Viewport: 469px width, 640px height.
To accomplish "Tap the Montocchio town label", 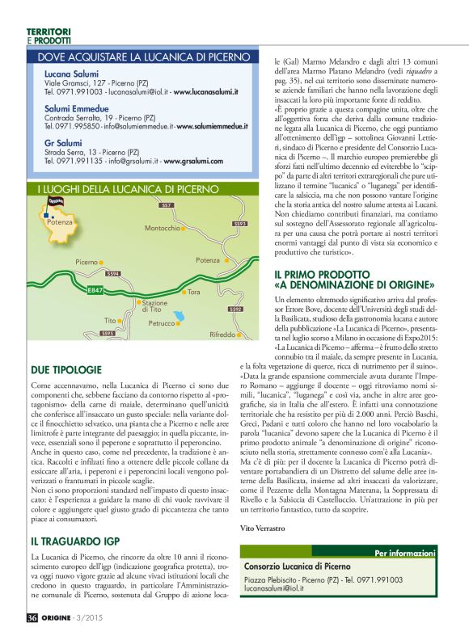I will point(162,229).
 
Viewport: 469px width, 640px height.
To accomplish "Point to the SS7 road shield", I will point(167,206).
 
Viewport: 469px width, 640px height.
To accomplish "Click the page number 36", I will point(32,617).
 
